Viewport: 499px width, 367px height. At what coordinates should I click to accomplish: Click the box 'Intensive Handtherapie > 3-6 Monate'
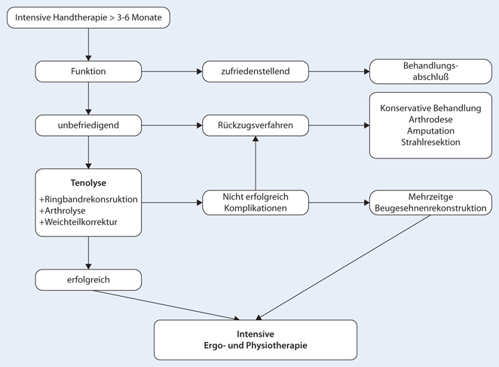click(89, 17)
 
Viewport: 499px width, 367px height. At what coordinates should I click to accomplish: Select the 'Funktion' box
click(88, 72)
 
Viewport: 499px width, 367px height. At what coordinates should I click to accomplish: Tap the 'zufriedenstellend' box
click(256, 72)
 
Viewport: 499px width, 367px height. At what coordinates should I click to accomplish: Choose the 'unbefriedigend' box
click(88, 125)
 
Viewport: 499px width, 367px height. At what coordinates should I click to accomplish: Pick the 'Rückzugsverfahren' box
click(256, 125)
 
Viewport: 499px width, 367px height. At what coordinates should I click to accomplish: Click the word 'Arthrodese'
click(430, 119)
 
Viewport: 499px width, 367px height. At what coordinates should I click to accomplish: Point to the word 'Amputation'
click(430, 131)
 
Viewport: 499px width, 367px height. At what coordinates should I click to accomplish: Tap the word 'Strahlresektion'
click(430, 142)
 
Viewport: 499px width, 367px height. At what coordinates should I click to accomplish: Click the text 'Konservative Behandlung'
click(430, 108)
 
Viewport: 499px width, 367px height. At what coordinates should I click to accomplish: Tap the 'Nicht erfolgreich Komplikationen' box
click(256, 202)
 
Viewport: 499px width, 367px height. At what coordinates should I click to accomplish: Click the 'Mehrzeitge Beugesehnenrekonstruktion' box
click(430, 202)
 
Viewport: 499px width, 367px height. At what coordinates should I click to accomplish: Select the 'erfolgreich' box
click(88, 279)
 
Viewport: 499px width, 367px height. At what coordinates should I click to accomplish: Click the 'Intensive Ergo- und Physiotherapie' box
click(256, 340)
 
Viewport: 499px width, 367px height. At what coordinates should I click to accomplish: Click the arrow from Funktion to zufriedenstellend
click(172, 72)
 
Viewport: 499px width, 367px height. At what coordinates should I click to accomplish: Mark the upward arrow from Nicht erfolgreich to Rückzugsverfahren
click(256, 164)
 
